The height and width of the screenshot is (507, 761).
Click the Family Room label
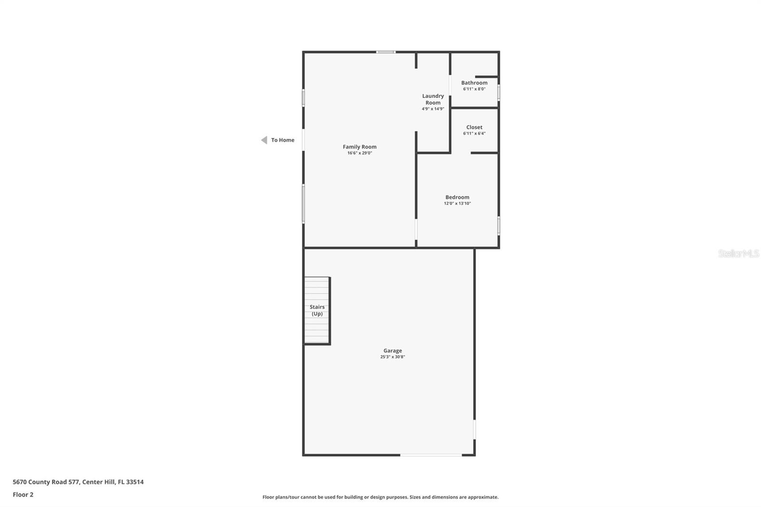[360, 147]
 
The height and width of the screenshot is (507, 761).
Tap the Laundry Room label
[433, 99]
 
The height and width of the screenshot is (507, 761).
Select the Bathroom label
[474, 83]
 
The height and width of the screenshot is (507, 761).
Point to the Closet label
[474, 127]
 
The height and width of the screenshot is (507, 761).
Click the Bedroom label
[457, 197]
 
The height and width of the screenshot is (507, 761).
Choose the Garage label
[392, 351]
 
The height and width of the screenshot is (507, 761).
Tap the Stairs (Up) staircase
[317, 310]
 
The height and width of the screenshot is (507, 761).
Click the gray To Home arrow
[264, 140]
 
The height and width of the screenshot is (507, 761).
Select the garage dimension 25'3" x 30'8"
[392, 357]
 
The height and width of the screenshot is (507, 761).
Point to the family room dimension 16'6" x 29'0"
[360, 153]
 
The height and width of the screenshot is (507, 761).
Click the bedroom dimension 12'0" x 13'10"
[457, 204]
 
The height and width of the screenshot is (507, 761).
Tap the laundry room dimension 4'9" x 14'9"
[433, 109]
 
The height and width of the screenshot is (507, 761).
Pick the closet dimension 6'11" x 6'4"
[474, 134]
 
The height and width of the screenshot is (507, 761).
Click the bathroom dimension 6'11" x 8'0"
[474, 89]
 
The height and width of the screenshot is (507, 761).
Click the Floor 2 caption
[23, 495]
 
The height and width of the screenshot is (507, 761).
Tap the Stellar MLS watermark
[738, 253]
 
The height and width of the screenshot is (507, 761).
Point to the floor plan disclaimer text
[380, 497]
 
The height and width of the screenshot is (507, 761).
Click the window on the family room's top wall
[386, 52]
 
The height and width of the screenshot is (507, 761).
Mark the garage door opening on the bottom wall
[431, 455]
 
